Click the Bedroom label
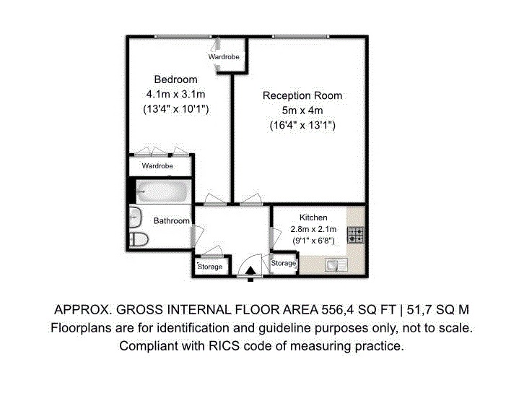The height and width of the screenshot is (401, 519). (175, 79)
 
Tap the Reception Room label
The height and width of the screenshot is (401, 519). (302, 95)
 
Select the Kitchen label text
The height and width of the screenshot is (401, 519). (313, 217)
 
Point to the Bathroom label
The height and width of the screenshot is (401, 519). (172, 221)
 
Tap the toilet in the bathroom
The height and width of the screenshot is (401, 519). (138, 239)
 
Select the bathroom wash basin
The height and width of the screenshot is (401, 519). (136, 216)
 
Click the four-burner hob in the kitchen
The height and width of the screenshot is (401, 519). (355, 234)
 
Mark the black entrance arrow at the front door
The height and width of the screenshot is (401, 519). (250, 272)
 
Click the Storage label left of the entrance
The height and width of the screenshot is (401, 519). (210, 267)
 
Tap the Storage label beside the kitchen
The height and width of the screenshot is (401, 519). (284, 264)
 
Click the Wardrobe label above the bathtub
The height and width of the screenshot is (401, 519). (157, 166)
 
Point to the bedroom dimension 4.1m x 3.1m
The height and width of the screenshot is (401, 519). (175, 94)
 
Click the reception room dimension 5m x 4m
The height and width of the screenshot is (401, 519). (302, 111)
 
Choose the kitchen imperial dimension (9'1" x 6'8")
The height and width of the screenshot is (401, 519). (313, 239)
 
